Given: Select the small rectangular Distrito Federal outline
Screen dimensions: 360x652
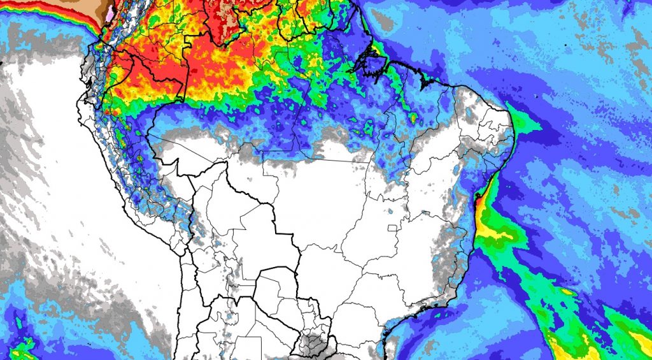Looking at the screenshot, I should click(x=392, y=227).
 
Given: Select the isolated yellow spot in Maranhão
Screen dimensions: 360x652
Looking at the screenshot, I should click(x=413, y=119).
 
